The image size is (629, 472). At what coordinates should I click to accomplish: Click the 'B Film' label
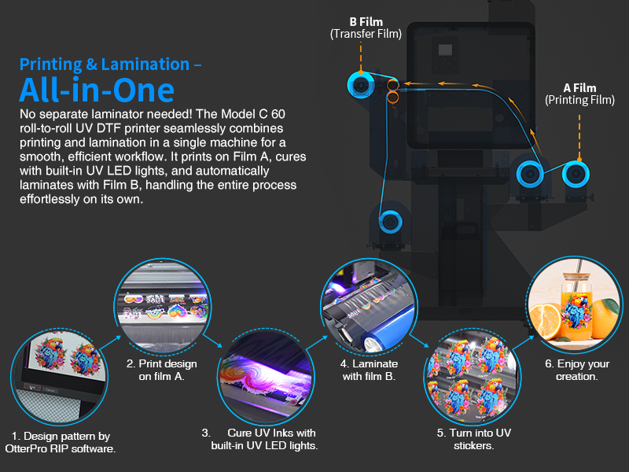point(366,22)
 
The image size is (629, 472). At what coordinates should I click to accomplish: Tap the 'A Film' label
point(579,88)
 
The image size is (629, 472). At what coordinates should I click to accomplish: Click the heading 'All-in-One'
point(97,90)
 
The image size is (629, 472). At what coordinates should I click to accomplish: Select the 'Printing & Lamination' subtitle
point(105,65)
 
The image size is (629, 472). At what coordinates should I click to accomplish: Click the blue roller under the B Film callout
point(361,85)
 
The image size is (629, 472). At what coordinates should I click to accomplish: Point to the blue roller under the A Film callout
point(576,174)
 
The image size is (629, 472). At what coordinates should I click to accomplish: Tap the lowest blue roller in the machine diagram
point(390,222)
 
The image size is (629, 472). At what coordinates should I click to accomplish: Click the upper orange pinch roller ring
point(392,85)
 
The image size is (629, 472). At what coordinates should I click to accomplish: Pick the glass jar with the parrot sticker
point(577,307)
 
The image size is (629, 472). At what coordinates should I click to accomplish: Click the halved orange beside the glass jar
point(545,320)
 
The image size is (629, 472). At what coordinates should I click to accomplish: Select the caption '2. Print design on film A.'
point(162,370)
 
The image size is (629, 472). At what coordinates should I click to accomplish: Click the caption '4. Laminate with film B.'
point(369,370)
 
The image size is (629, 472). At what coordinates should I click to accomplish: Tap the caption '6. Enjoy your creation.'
point(577,370)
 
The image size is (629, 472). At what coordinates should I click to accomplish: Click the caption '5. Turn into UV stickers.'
point(474,439)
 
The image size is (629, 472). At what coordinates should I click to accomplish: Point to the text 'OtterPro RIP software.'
point(61,448)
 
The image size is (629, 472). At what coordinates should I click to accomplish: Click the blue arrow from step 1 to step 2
point(110,343)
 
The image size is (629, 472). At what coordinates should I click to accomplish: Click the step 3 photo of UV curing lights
point(266,378)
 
